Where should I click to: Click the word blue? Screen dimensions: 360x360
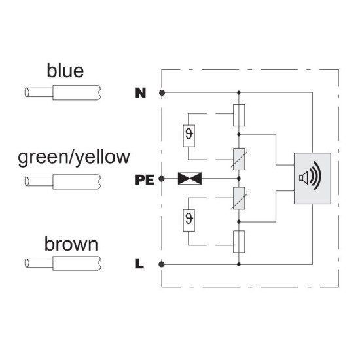(65, 71)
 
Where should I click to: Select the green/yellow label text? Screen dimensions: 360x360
(74, 158)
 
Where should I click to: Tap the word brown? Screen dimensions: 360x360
(71, 244)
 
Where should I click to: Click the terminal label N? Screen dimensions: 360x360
(141, 93)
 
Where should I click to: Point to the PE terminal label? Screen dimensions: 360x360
(145, 179)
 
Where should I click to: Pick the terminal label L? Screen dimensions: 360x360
(139, 264)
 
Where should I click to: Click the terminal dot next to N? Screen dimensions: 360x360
(162, 93)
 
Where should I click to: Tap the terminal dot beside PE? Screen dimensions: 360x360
(162, 179)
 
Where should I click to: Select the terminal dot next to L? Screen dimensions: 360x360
(162, 264)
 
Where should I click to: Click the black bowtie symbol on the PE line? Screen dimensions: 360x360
(190, 179)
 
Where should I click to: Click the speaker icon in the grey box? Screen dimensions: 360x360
(310, 176)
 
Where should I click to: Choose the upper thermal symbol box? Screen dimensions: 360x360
(189, 136)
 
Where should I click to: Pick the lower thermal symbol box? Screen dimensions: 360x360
(189, 221)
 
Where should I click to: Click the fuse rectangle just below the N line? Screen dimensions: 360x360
(239, 115)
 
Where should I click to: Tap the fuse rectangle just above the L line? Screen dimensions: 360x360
(239, 242)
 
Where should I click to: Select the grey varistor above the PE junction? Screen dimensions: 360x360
(239, 159)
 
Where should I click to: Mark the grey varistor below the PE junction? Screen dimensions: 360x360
(239, 198)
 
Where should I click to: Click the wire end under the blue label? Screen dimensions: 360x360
(63, 92)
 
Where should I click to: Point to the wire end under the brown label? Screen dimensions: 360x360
(63, 263)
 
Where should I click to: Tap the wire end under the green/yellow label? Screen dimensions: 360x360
(63, 181)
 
